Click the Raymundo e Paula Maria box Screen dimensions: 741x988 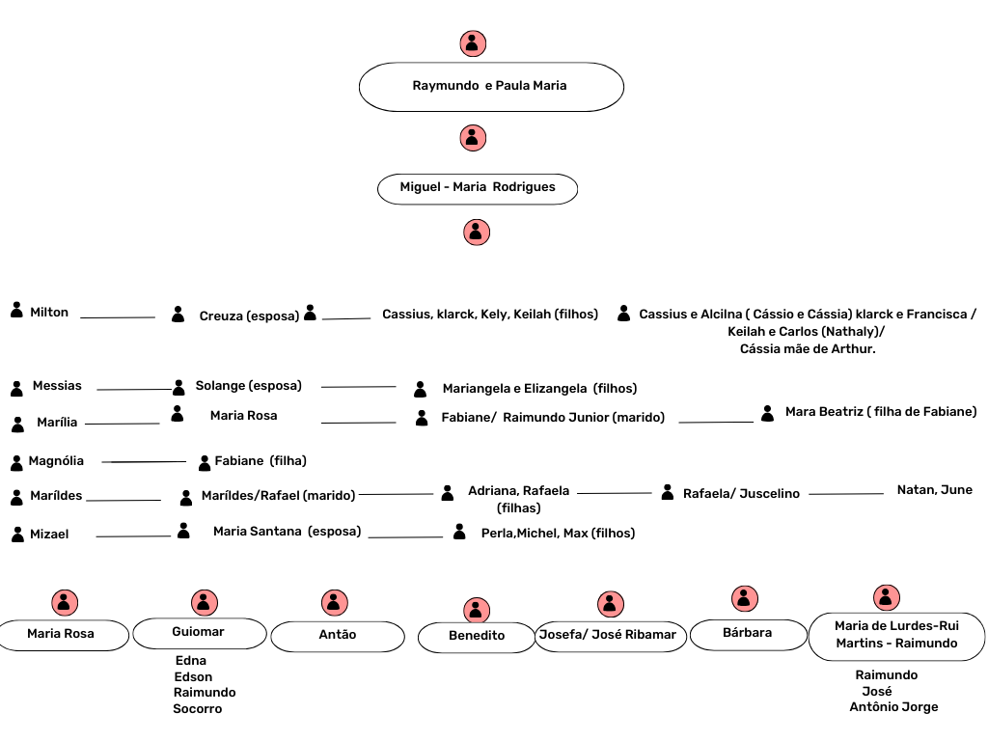coord(491,87)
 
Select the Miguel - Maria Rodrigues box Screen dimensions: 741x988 coord(478,188)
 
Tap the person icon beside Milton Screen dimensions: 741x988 coord(16,311)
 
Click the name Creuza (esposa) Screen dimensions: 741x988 coord(249,316)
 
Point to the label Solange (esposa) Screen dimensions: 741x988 coord(248,386)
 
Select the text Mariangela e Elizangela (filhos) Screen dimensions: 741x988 coord(539,389)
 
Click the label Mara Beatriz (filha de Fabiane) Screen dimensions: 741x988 coord(880,412)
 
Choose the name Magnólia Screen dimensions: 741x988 coord(56,461)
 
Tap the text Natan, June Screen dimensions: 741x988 coord(934,490)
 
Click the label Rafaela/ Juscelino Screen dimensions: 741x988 coord(741,494)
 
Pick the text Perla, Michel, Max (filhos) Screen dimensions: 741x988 coord(558,533)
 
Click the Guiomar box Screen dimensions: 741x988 coord(199,633)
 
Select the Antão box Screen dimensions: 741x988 coord(338,636)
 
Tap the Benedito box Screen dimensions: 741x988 coord(477,637)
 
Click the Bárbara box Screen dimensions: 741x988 coord(748,634)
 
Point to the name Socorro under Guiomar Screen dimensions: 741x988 coord(198,709)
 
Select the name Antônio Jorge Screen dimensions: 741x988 coord(893,707)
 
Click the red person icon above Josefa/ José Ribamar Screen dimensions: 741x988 coord(609,604)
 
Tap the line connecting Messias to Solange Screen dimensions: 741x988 coord(133,390)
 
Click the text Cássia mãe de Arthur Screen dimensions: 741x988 coord(808,349)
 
